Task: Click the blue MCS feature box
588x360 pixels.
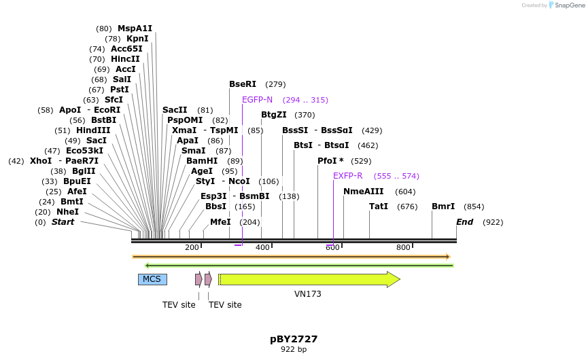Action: (152, 279)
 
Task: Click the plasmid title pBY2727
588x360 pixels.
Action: (294, 339)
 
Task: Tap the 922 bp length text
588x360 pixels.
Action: (294, 350)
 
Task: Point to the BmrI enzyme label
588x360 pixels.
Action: (443, 206)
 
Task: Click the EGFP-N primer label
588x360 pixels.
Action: (257, 100)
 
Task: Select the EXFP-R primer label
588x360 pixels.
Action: (347, 176)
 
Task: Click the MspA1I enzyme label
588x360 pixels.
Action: (135, 29)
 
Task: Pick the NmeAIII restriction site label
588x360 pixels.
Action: (364, 192)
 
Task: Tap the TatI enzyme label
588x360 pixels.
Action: (379, 206)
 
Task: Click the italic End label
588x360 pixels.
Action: (464, 222)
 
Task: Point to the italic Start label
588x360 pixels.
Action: (63, 222)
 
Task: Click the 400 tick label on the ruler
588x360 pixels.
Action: (262, 247)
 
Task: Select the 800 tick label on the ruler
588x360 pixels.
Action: (403, 247)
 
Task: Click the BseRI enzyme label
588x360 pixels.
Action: (243, 84)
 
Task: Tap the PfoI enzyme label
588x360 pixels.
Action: (330, 161)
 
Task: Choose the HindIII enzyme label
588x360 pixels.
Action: (92, 130)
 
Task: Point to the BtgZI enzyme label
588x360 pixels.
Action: (274, 115)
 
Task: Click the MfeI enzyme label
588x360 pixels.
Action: (220, 222)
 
